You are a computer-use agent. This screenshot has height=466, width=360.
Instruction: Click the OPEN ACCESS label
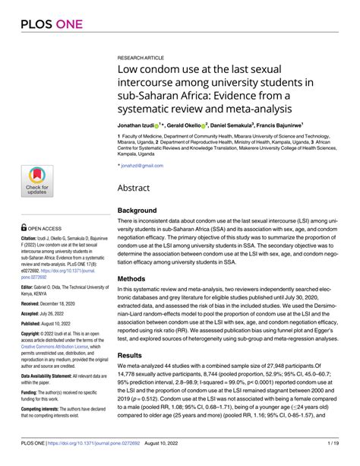[x=43, y=227]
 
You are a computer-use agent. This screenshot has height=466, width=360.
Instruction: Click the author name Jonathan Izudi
[x=137, y=123]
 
